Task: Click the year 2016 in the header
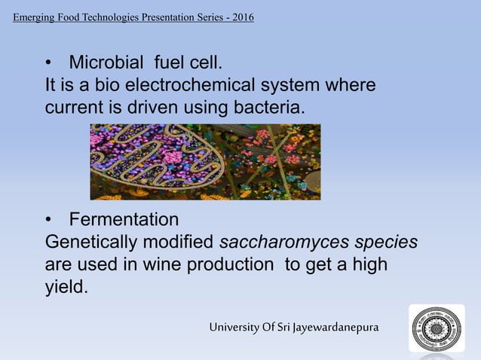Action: pyautogui.click(x=243, y=17)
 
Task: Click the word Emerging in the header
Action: pyautogui.click(x=35, y=17)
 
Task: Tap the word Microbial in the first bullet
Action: pyautogui.click(x=111, y=60)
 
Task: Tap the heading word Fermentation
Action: pyautogui.click(x=124, y=219)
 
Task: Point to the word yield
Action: pyautogui.click(x=66, y=288)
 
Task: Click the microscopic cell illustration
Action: pyautogui.click(x=205, y=162)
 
